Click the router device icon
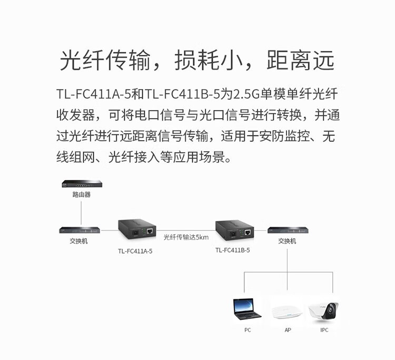pyautogui.click(x=82, y=184)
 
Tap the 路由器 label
pyautogui.click(x=81, y=194)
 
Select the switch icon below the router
pyautogui.click(x=80, y=230)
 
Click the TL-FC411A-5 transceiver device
pyautogui.click(x=137, y=229)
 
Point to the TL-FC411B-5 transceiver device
pyautogui.click(x=234, y=229)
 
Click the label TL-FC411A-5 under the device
pyautogui.click(x=135, y=251)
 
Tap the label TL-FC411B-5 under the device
pyautogui.click(x=232, y=250)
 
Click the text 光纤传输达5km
pyautogui.click(x=186, y=237)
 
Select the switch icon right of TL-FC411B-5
pyautogui.click(x=288, y=230)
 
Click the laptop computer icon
pyautogui.click(x=247, y=309)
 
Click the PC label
pyautogui.click(x=248, y=330)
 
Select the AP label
pyautogui.click(x=288, y=330)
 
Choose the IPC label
pyautogui.click(x=324, y=330)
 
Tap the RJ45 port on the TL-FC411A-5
pyautogui.click(x=150, y=231)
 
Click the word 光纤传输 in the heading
pyautogui.click(x=105, y=60)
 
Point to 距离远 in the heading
pyautogui.click(x=301, y=60)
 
